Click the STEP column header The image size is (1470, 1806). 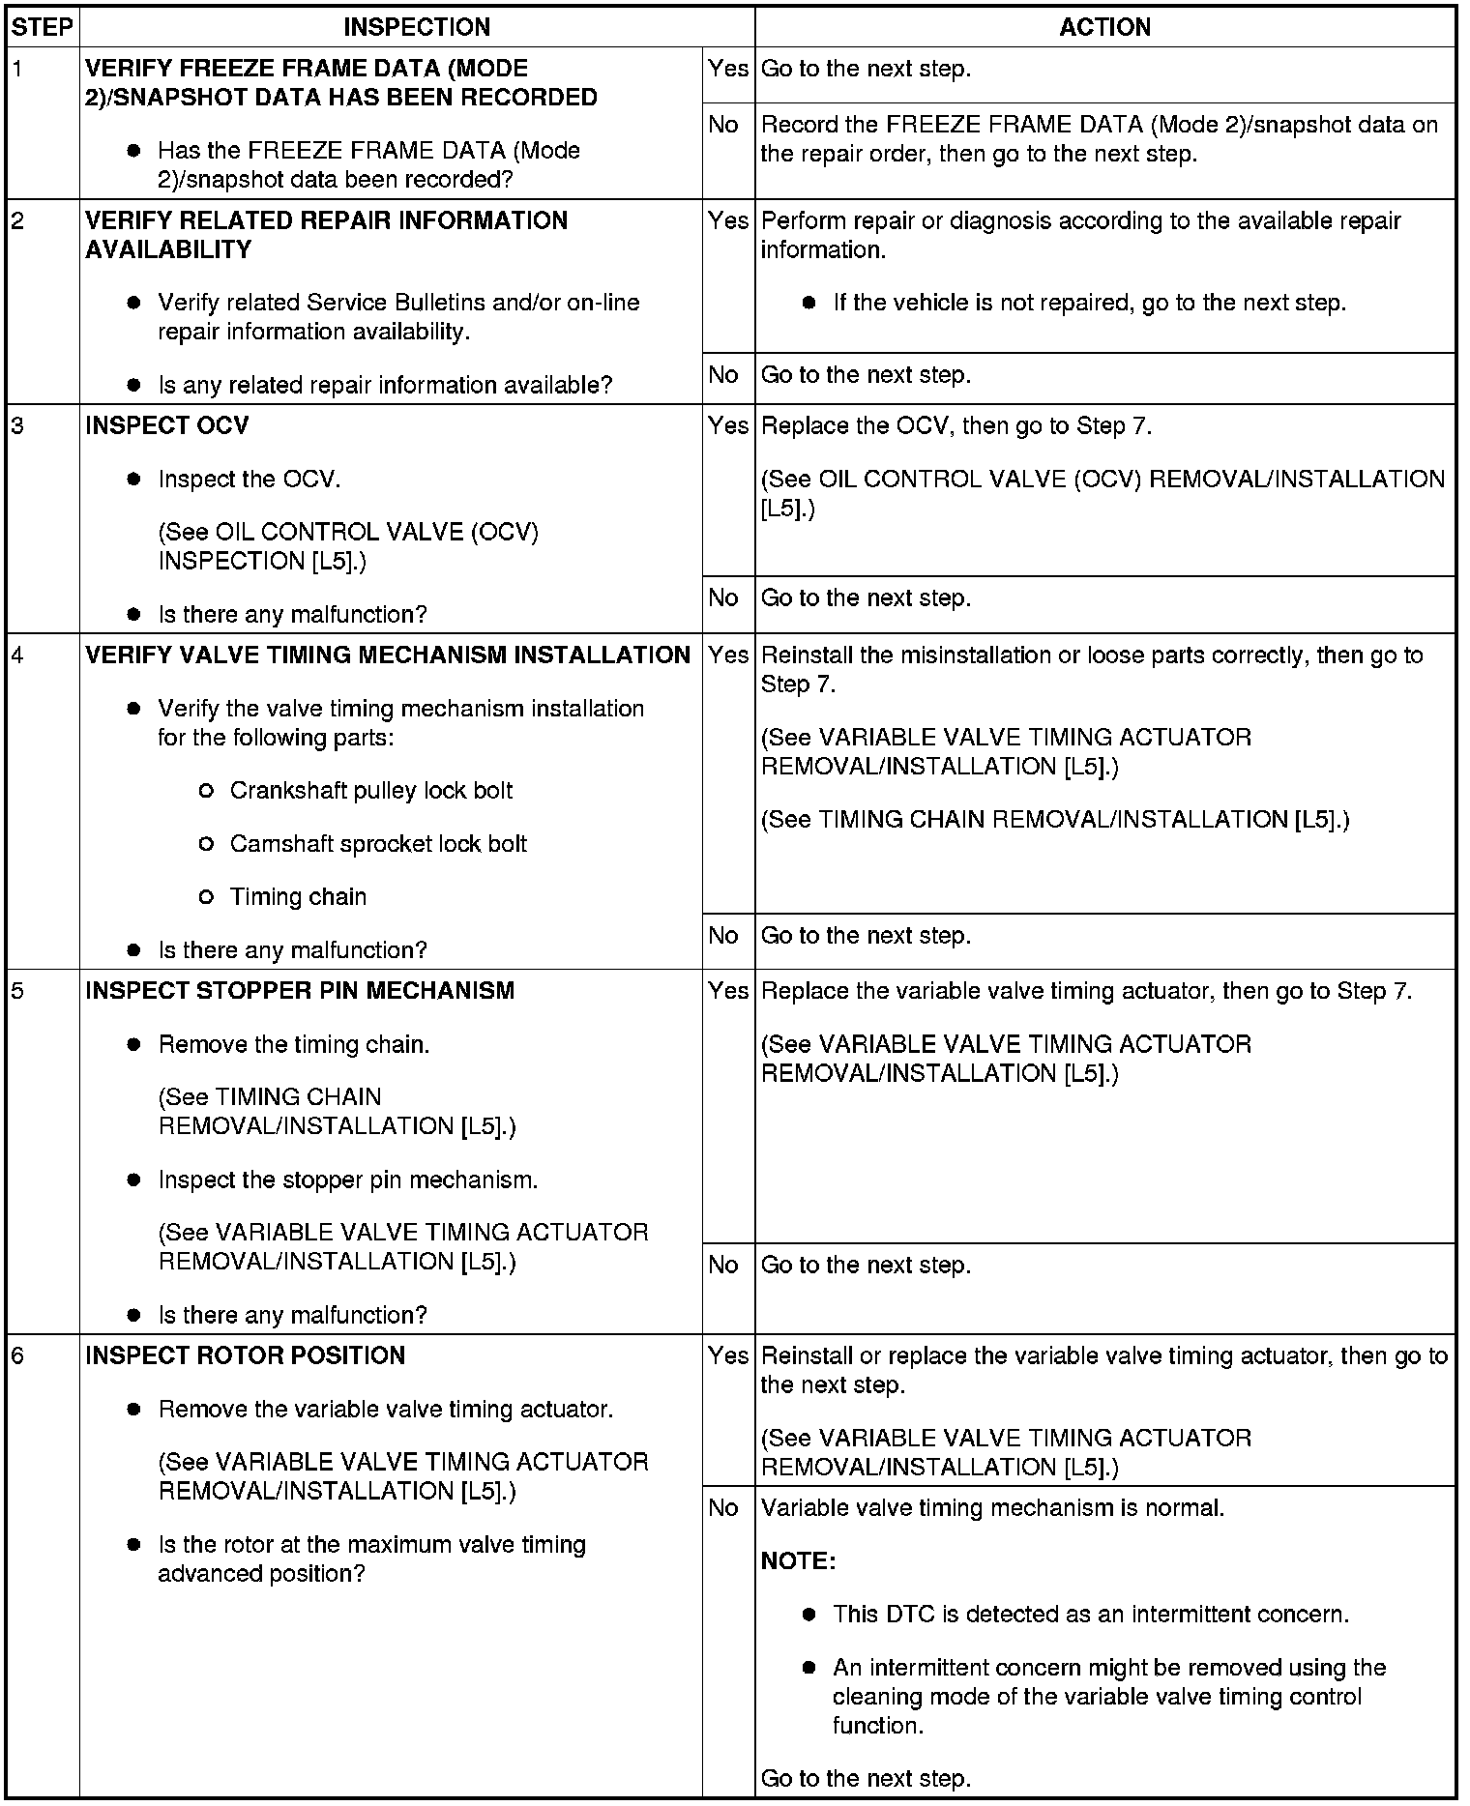(x=43, y=27)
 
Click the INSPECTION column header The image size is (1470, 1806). (x=417, y=27)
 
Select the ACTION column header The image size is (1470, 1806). (x=1104, y=27)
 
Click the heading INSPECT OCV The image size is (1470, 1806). (x=166, y=426)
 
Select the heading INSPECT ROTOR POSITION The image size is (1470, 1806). (x=245, y=1355)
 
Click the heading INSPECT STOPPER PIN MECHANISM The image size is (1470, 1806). (x=300, y=991)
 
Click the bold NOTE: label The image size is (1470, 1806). (x=798, y=1561)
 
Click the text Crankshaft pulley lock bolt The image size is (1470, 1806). (x=371, y=791)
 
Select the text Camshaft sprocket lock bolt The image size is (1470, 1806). (x=378, y=844)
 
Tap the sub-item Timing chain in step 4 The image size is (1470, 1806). (x=298, y=897)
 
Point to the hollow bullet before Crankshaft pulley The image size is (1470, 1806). (x=205, y=792)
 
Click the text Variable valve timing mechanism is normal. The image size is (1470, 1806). (x=992, y=1508)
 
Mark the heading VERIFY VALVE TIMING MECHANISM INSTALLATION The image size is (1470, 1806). (x=388, y=655)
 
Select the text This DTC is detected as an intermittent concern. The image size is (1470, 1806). (x=1090, y=1615)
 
